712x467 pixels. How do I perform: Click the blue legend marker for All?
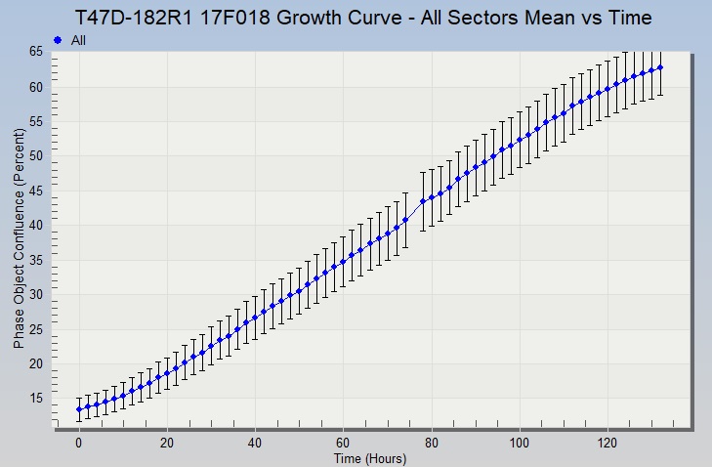(58, 40)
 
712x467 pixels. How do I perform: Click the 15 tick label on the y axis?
(36, 398)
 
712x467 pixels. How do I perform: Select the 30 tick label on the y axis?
(36, 294)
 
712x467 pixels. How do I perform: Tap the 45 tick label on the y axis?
(36, 191)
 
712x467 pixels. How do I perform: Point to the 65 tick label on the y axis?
(36, 53)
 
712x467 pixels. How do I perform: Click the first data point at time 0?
(79, 409)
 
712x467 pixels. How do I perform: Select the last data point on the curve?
(660, 67)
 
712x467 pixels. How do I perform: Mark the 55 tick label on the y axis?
(36, 122)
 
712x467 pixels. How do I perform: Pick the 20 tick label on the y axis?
(36, 363)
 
